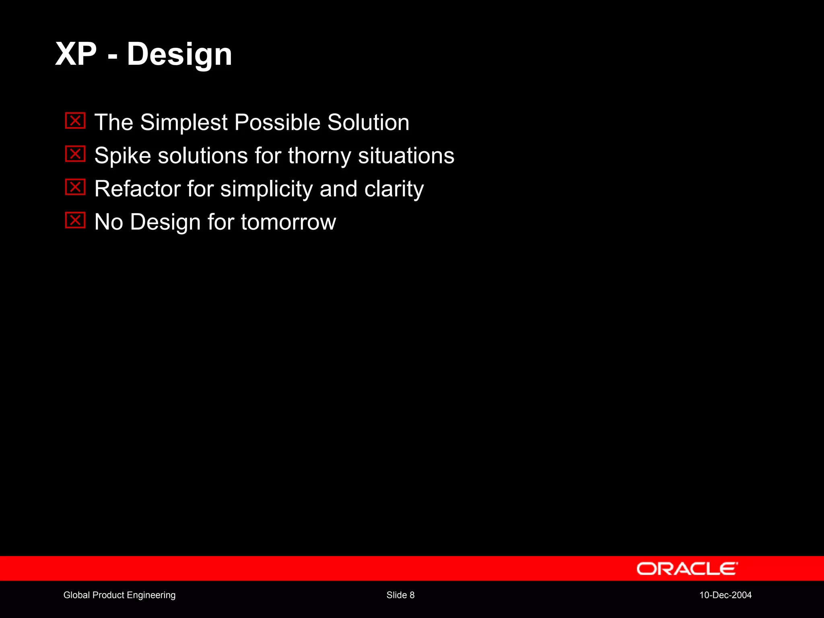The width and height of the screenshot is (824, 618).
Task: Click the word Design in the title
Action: (x=179, y=54)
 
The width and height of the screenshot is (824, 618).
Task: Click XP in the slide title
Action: (x=76, y=54)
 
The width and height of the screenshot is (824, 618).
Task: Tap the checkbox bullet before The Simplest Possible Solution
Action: (x=75, y=121)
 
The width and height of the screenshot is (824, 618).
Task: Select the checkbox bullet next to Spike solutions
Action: (x=75, y=154)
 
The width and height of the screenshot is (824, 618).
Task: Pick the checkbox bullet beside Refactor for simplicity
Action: (x=75, y=187)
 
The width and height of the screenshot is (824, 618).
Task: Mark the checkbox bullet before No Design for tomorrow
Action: (x=75, y=220)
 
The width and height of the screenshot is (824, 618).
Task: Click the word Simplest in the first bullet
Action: (x=184, y=122)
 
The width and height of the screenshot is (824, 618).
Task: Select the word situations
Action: (x=406, y=156)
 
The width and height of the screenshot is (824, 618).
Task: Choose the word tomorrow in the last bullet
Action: (x=288, y=222)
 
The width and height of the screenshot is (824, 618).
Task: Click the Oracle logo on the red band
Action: (x=687, y=569)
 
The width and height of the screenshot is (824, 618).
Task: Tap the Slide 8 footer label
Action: (x=400, y=595)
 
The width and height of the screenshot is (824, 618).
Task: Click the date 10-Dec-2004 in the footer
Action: (x=725, y=595)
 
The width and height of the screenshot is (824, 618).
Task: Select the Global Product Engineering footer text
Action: (x=119, y=595)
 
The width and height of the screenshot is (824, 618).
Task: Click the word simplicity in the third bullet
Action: (x=266, y=189)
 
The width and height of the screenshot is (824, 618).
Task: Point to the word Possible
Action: (x=277, y=122)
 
